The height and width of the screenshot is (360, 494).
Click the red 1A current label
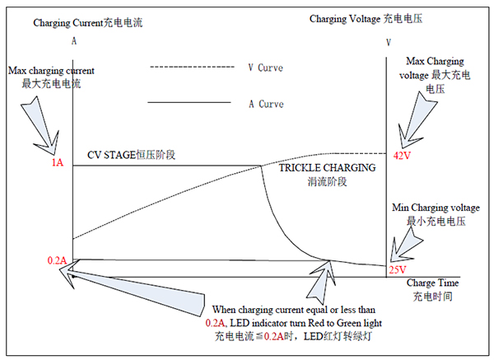coord(58,162)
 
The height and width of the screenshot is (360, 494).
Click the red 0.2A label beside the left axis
coord(57,260)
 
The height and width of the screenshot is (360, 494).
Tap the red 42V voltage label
coord(402,156)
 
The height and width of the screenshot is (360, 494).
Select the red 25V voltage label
coord(398,270)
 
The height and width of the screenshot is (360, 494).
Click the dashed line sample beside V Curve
coord(192,67)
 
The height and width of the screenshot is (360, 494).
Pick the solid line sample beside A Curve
coord(189,102)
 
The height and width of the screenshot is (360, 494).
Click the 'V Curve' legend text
coord(266,68)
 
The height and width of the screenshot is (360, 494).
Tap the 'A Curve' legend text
coord(266,104)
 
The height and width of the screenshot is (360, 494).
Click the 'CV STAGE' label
coord(111,155)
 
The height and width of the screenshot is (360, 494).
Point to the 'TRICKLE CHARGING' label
coord(328,168)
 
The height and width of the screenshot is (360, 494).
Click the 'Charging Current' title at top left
coord(68,23)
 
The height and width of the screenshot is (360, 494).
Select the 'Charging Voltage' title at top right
coord(345,19)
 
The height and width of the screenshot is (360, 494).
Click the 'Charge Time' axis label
coord(432,283)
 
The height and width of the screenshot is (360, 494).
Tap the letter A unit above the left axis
coord(74,41)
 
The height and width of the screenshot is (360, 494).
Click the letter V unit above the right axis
coord(389,43)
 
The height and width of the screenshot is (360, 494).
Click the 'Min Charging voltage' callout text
coord(436,208)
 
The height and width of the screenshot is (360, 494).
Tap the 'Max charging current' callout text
coord(51,71)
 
